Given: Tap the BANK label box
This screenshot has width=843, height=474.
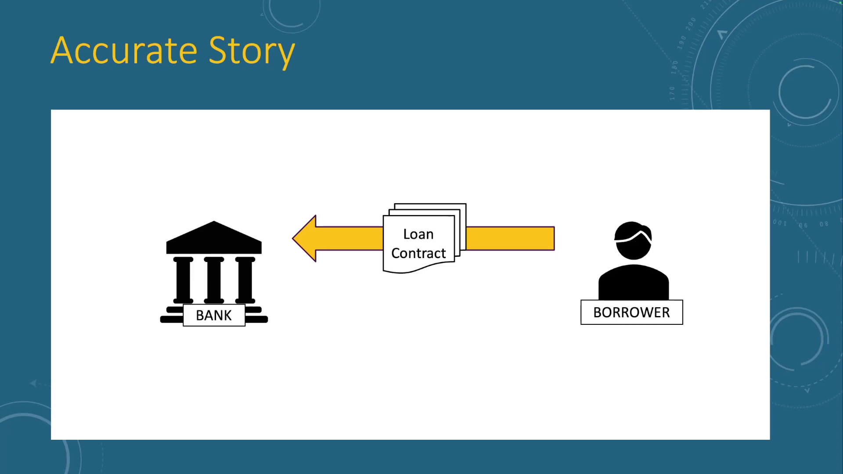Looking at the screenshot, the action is click(214, 315).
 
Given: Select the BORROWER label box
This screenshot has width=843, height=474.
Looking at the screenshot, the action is click(632, 312).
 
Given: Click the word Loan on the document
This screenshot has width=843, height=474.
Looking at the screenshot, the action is click(418, 234).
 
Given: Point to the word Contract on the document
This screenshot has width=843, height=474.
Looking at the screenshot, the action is click(418, 253).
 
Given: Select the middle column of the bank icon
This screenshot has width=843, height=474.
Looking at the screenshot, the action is click(214, 280).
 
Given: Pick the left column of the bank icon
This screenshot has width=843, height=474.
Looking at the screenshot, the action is click(183, 280).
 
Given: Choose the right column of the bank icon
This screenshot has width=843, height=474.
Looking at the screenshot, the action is click(245, 280).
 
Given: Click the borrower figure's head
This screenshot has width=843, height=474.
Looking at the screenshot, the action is click(633, 241).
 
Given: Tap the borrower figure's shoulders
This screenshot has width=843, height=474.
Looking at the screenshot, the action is click(634, 283).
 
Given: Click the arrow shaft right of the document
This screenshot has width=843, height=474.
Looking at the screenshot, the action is click(510, 238).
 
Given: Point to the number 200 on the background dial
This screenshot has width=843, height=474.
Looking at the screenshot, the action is click(691, 23).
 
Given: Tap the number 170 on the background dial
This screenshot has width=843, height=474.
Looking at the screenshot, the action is click(672, 93).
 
